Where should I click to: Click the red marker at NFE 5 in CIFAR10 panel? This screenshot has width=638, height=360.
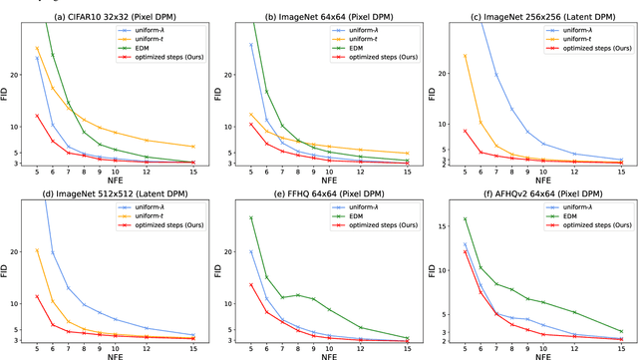pyautogui.click(x=37, y=116)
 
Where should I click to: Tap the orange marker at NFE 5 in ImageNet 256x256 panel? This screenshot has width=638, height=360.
pyautogui.click(x=466, y=56)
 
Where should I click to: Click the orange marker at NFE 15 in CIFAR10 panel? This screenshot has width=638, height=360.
pyautogui.click(x=193, y=147)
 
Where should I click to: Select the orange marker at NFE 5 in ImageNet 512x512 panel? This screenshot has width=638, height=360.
pyautogui.click(x=37, y=250)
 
